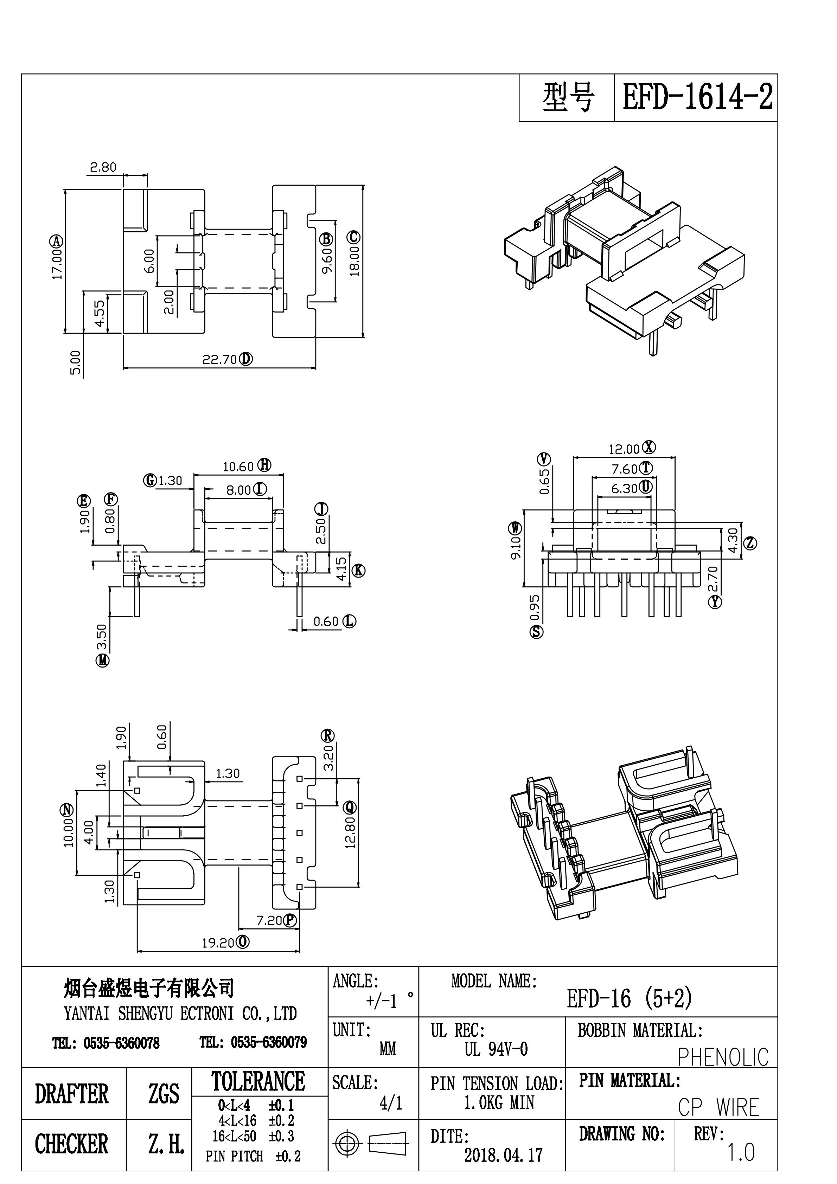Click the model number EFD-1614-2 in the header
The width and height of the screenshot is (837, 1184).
[x=697, y=97]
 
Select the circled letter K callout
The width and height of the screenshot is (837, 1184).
[x=358, y=570]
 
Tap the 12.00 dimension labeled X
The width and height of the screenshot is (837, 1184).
[x=624, y=449]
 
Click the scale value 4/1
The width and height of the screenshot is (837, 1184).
[x=391, y=1103]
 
